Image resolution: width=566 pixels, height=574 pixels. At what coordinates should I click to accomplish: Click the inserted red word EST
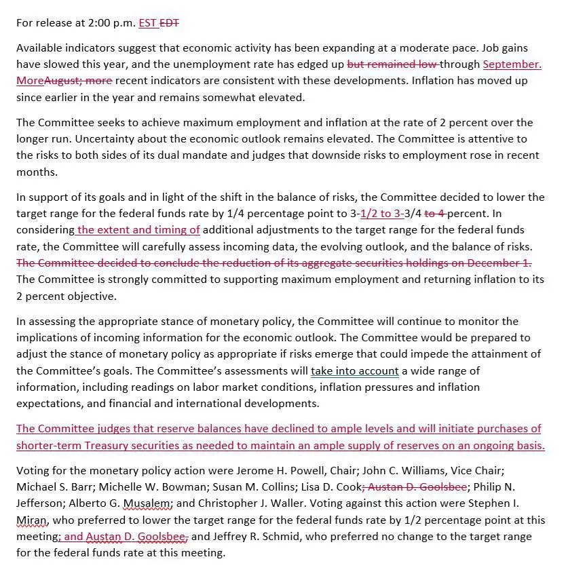(x=147, y=22)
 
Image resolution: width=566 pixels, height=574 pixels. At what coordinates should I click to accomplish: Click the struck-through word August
(x=64, y=81)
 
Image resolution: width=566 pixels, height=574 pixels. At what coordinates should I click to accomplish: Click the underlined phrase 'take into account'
(x=355, y=371)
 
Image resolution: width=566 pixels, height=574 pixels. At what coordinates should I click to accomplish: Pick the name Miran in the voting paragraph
(x=31, y=520)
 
